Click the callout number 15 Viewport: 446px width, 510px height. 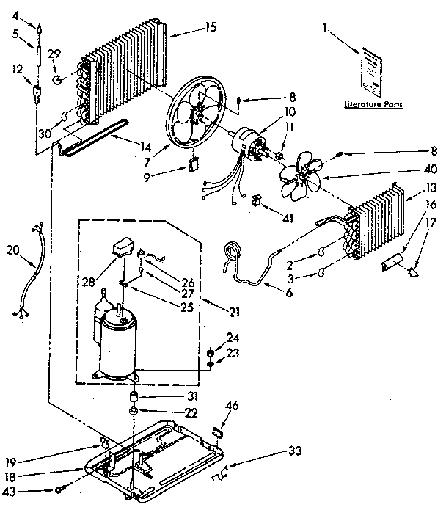[x=212, y=29]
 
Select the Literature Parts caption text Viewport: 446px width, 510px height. [x=378, y=104]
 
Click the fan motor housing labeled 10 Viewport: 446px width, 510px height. [x=251, y=142]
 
